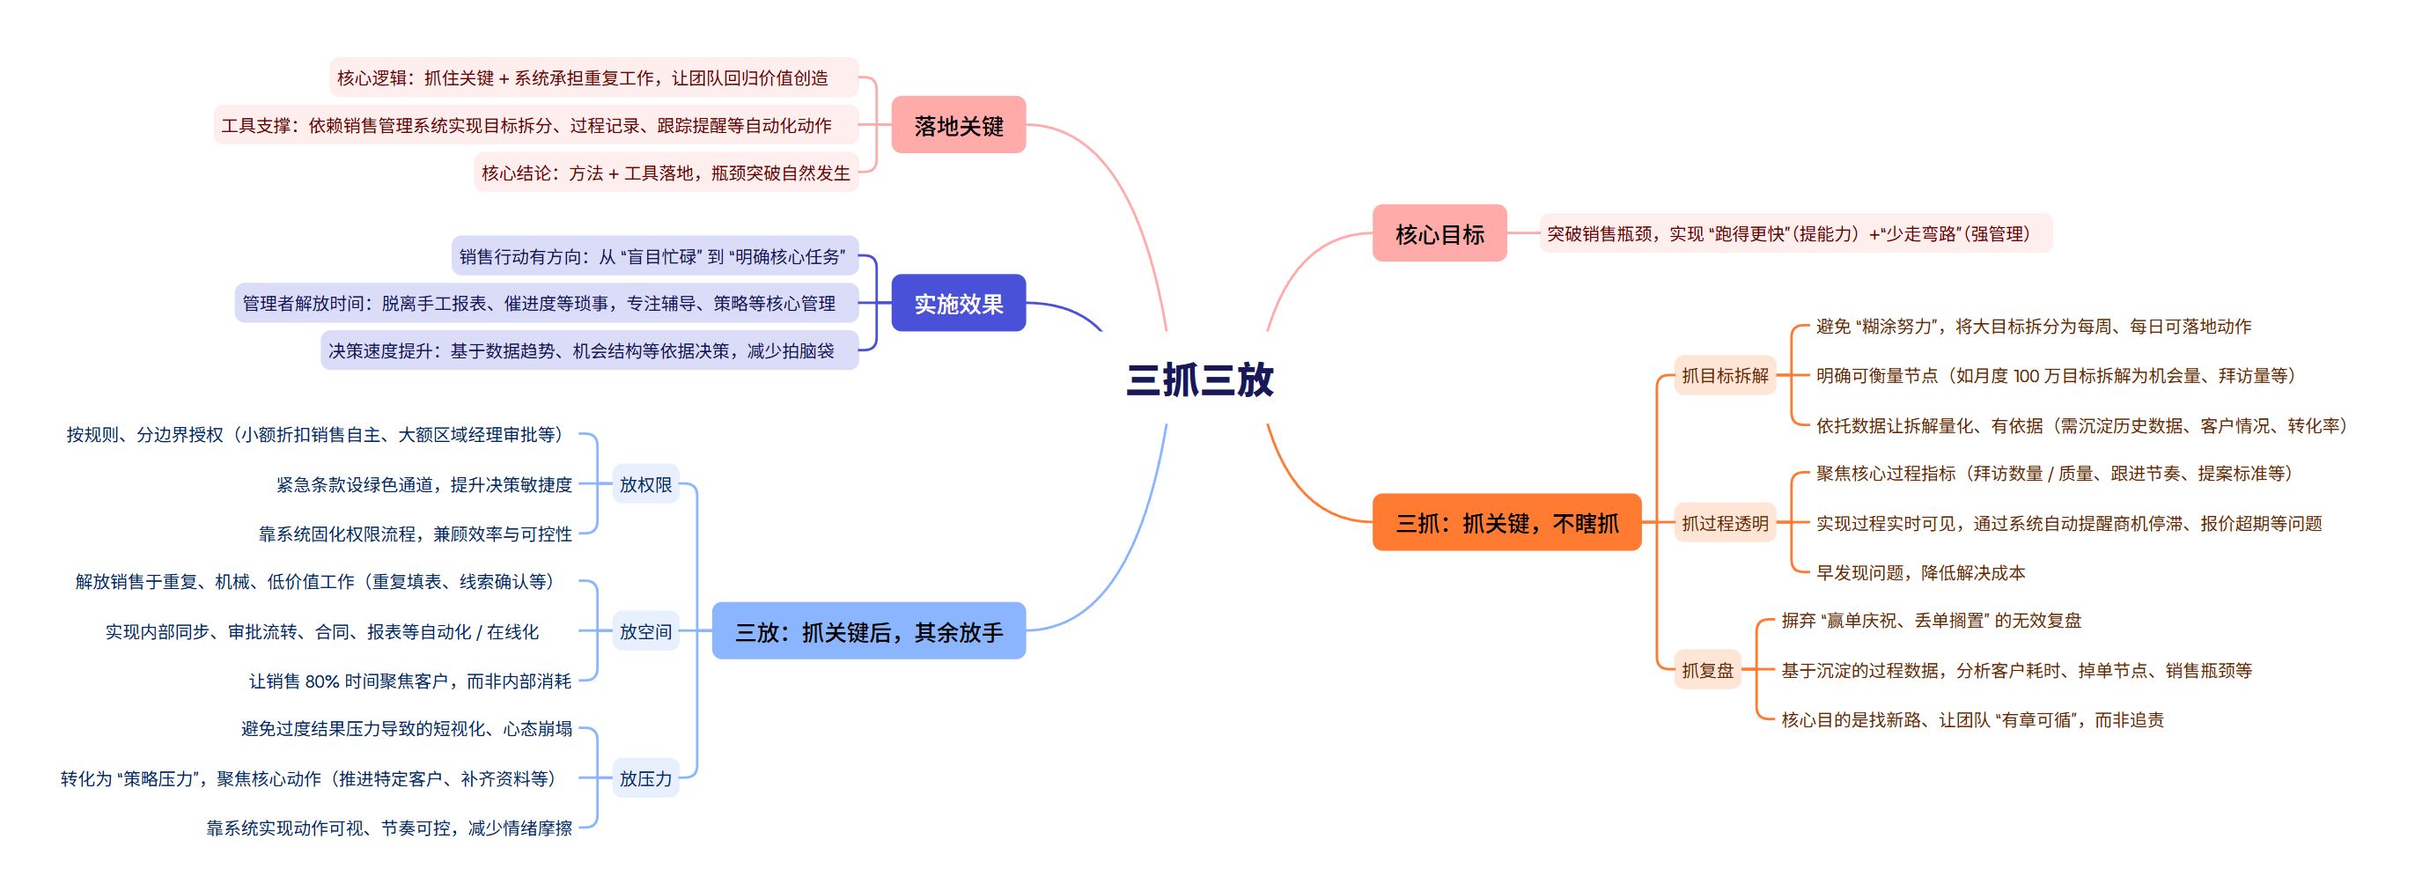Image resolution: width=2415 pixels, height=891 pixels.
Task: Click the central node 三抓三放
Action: click(x=1199, y=379)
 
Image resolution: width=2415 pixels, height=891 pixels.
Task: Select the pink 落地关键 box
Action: click(x=958, y=125)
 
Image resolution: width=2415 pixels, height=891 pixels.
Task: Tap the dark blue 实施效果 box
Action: click(x=958, y=303)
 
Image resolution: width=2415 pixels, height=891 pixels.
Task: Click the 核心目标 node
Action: click(x=1439, y=233)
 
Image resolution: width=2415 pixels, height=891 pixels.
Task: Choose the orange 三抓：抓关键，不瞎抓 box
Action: click(x=1506, y=522)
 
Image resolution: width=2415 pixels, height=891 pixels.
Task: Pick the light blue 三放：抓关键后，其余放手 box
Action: click(x=868, y=631)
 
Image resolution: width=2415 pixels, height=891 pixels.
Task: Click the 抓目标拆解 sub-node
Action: click(x=1724, y=375)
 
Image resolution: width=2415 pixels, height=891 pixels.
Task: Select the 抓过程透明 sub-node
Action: click(x=1724, y=523)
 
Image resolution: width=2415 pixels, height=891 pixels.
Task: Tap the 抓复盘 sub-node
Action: click(x=1707, y=670)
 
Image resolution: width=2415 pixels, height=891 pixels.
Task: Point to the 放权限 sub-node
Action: click(x=645, y=484)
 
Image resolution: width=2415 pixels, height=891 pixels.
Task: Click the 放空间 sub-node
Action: click(x=645, y=631)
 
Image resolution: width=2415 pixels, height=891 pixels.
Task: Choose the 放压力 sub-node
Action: click(x=645, y=778)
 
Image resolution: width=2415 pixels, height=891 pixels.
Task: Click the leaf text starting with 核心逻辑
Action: click(x=582, y=77)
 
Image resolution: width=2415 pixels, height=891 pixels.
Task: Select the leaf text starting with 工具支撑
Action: click(x=526, y=125)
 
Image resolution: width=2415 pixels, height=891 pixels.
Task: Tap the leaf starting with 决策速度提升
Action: click(x=581, y=350)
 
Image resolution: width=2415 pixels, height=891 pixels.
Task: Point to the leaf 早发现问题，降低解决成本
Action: click(x=1920, y=572)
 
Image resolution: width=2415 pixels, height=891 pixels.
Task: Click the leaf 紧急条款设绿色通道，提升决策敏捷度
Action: click(x=423, y=484)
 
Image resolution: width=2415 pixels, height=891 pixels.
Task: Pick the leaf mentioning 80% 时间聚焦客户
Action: click(x=409, y=681)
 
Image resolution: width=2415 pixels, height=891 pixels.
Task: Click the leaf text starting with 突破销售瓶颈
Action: click(x=1788, y=233)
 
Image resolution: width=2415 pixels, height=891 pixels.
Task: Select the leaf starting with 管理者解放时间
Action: click(x=539, y=303)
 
